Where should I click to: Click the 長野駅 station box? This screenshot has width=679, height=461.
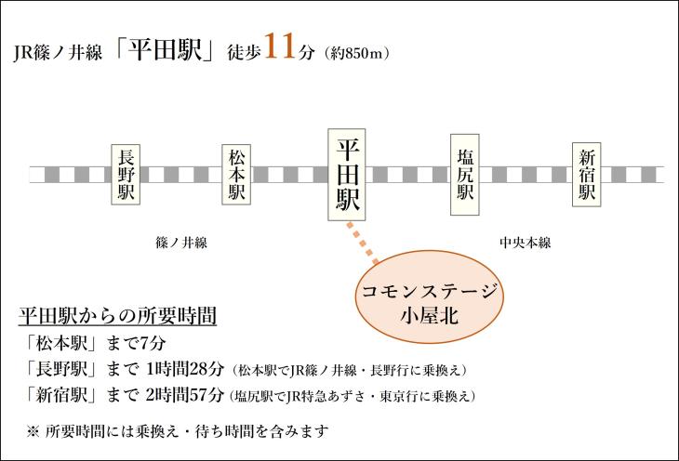tap(126, 174)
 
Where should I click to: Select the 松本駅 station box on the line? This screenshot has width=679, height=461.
tap(236, 174)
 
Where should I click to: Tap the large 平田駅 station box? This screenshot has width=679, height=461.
tap(346, 175)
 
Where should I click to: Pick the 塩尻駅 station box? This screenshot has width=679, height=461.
tap(465, 175)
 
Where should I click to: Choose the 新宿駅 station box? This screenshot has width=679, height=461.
tap(587, 174)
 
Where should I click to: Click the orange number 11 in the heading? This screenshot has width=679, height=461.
tap(281, 46)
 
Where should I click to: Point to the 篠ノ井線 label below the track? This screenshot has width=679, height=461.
tap(181, 243)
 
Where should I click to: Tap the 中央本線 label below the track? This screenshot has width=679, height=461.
tap(525, 243)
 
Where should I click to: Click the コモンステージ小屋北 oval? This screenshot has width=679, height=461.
tap(430, 296)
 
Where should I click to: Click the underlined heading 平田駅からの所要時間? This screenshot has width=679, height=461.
tap(117, 316)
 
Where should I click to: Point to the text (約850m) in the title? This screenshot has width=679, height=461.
tap(356, 53)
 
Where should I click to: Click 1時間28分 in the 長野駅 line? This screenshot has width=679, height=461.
tap(185, 369)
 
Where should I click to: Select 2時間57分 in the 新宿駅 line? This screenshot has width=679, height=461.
tap(184, 395)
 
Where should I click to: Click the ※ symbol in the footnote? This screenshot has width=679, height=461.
tap(33, 431)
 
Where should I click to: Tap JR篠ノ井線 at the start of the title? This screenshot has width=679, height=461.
tap(58, 53)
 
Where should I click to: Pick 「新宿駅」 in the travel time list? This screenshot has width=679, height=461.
tap(60, 395)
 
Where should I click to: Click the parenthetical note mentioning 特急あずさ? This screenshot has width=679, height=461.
tap(353, 396)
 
